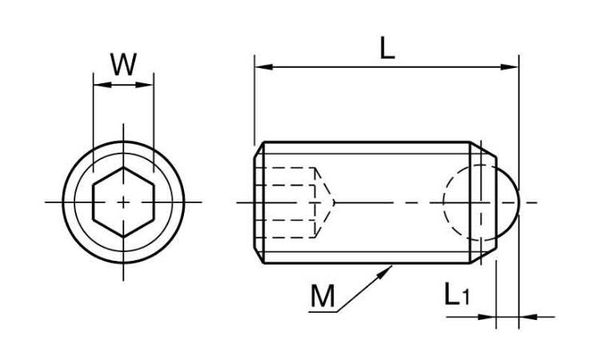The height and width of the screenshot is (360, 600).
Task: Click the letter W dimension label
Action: (x=123, y=65)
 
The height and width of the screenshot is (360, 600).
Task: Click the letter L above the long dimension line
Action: (x=387, y=49)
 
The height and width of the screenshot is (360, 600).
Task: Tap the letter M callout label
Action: (x=322, y=296)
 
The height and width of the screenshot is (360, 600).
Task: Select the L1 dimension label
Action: (x=457, y=294)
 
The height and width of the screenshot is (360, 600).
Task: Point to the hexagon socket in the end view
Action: (x=123, y=202)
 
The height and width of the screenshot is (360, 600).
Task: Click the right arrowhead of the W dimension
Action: (x=145, y=85)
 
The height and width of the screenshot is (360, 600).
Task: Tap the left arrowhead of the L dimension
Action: (x=264, y=67)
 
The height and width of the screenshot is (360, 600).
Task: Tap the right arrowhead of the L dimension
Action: (x=510, y=67)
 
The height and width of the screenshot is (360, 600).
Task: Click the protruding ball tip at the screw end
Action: (x=509, y=202)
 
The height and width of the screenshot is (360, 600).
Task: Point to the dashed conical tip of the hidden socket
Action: (x=326, y=202)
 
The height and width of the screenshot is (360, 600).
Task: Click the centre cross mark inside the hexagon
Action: (x=123, y=202)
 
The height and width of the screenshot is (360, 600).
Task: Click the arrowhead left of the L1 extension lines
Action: (x=487, y=317)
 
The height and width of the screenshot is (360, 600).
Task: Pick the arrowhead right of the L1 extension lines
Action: (x=528, y=317)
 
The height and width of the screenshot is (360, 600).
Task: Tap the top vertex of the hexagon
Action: (x=123, y=167)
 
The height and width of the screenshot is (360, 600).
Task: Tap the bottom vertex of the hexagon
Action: (x=123, y=237)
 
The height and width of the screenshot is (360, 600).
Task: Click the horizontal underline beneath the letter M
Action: (x=322, y=312)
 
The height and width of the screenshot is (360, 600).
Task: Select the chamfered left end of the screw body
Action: (x=259, y=202)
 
